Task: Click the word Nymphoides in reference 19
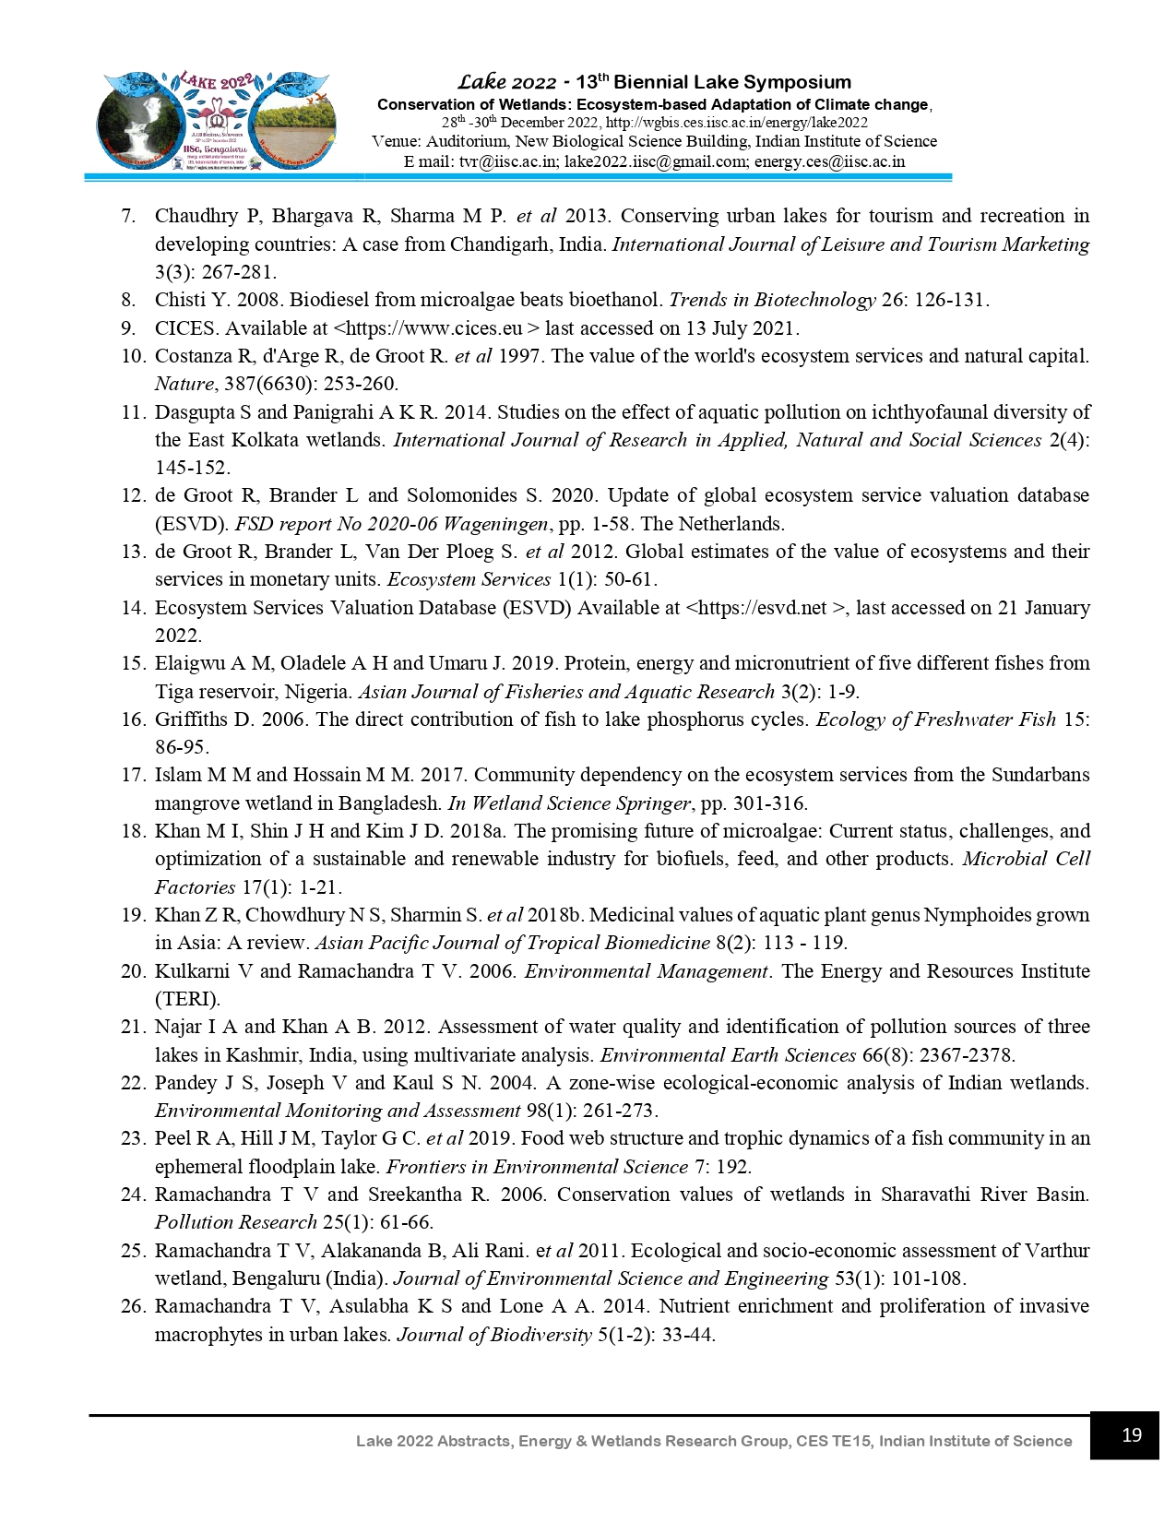(977, 915)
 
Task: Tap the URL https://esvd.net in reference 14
(762, 608)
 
